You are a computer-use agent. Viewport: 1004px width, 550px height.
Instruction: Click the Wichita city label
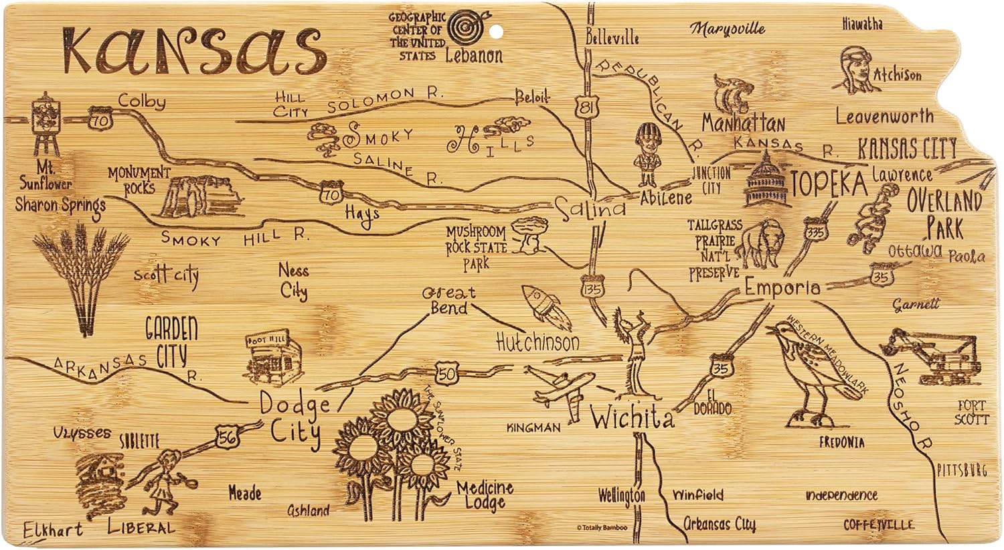632,419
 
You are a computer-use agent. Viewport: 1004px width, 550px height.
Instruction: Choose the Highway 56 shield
226,436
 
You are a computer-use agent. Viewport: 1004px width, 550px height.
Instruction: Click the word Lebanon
474,55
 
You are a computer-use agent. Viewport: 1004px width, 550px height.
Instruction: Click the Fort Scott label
972,412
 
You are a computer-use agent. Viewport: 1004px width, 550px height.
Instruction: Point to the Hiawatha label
862,24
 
